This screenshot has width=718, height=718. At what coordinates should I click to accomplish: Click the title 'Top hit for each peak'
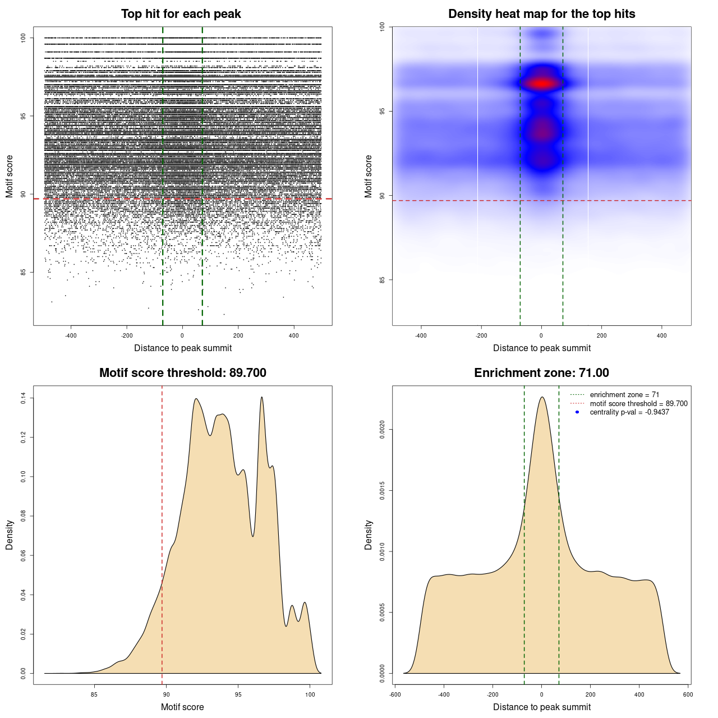click(x=181, y=14)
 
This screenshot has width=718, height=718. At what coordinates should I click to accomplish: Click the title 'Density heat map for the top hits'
click(x=541, y=14)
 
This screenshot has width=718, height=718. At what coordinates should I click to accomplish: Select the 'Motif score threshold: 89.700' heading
click(x=182, y=373)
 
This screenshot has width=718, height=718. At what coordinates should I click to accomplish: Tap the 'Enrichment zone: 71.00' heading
click(x=541, y=373)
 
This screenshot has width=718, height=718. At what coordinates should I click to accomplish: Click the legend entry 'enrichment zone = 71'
click(x=624, y=395)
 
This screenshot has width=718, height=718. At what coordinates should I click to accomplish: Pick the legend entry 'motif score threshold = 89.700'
click(x=638, y=403)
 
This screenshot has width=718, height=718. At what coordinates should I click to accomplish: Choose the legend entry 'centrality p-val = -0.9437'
click(x=629, y=412)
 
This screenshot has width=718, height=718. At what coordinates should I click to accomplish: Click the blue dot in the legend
click(x=577, y=412)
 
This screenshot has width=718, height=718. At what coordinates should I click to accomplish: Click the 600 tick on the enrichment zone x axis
click(x=688, y=694)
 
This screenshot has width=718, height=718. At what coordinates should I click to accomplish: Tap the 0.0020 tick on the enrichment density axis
click(x=382, y=430)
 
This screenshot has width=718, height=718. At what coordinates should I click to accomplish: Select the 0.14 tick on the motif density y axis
click(x=23, y=398)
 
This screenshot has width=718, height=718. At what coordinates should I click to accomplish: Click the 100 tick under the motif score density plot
click(x=310, y=694)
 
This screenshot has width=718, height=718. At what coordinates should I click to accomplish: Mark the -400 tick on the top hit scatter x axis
click(x=71, y=335)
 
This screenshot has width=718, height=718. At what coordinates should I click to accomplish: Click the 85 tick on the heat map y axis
click(x=382, y=279)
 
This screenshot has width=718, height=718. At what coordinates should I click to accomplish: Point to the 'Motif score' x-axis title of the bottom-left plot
click(x=182, y=707)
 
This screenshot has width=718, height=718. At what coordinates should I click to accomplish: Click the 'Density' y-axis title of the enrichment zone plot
click(x=369, y=535)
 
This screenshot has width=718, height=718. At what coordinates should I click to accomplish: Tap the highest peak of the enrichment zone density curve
click(x=542, y=397)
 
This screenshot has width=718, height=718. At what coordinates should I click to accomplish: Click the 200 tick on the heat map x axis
click(x=601, y=335)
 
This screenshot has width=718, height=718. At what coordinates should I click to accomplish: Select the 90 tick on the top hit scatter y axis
click(x=23, y=194)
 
